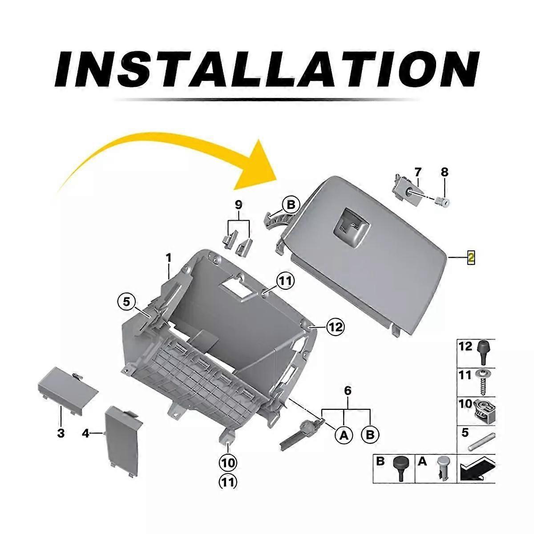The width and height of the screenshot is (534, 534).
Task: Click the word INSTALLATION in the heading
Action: point(267,70)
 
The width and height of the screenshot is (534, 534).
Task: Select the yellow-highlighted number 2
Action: point(471,258)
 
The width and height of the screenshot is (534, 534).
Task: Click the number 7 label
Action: point(417,172)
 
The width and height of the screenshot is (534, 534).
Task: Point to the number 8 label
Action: point(444,172)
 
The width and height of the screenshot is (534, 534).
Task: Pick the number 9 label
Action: point(239,205)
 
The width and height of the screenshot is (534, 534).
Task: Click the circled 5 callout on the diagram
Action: point(126,302)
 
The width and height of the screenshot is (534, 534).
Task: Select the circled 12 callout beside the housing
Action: point(336,327)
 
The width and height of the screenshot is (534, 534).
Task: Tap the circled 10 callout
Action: point(228,462)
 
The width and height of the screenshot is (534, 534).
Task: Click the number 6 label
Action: point(348,391)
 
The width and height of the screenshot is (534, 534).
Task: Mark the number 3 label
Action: point(61,433)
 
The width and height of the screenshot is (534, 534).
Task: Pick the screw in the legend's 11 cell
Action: point(482,382)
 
